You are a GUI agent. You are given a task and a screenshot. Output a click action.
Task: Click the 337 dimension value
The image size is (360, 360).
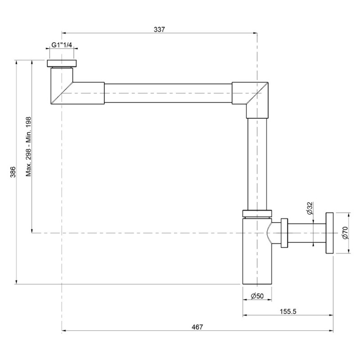(x=159, y=29)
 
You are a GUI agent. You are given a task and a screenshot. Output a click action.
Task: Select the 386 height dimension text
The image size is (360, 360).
(x=13, y=172)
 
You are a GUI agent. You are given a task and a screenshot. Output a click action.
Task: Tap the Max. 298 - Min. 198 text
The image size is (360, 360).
(x=28, y=147)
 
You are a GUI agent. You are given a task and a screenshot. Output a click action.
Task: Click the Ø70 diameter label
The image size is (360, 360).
(x=345, y=233)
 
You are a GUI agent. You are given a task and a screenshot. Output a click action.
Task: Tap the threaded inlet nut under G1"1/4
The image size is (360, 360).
(x=62, y=63)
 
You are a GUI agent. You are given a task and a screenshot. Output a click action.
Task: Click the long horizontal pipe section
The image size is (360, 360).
(x=168, y=93)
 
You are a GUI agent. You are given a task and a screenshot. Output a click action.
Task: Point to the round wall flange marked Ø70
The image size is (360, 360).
(x=330, y=233)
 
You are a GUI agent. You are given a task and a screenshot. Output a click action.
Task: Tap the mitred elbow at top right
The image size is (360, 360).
(x=252, y=95)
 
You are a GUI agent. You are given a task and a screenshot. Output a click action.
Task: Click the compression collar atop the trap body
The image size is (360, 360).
(x=257, y=214)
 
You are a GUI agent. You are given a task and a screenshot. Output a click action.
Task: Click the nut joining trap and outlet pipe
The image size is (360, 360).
(x=284, y=233)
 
